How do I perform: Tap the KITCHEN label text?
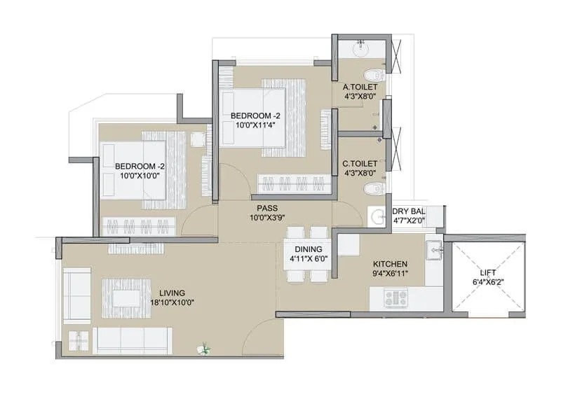click(391, 264)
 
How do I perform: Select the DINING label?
click(309, 249)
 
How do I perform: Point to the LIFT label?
click(489, 273)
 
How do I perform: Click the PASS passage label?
click(267, 208)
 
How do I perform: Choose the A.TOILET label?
click(360, 87)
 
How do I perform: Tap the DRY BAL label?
click(408, 211)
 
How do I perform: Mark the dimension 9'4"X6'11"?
click(391, 274)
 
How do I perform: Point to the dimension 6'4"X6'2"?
click(489, 283)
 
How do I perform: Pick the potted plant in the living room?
click(205, 346)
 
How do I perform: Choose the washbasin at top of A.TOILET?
click(362, 49)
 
